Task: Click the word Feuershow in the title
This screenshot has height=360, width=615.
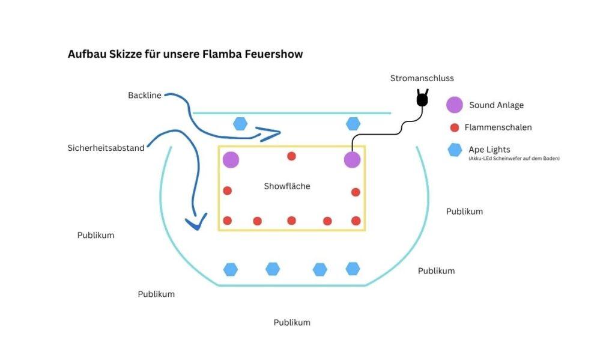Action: click(273, 53)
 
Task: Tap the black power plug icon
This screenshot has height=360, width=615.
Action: click(422, 98)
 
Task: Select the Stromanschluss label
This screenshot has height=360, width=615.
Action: click(422, 78)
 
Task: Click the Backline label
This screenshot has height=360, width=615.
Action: click(144, 95)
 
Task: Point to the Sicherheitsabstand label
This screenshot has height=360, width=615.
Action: click(106, 148)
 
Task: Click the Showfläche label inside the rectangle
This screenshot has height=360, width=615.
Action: click(286, 186)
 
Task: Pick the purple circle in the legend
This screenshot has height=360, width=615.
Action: click(454, 105)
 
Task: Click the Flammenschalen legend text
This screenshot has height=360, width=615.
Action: click(498, 127)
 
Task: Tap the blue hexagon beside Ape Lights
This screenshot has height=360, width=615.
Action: click(455, 150)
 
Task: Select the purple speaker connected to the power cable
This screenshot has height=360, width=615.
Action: click(352, 160)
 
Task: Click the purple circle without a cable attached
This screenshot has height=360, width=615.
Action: click(231, 160)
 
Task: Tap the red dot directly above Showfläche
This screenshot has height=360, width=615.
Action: click(291, 156)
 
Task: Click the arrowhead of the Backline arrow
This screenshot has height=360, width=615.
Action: click(271, 133)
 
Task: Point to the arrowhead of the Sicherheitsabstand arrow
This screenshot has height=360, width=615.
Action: click(196, 222)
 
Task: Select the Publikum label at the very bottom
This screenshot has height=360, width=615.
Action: click(292, 322)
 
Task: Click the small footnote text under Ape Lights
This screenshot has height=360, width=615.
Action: click(514, 159)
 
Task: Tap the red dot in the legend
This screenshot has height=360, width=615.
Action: click(455, 127)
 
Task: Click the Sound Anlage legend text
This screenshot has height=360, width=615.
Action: click(496, 105)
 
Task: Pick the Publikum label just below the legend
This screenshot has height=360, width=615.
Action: click(464, 211)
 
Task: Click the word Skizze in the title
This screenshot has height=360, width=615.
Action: click(125, 53)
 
